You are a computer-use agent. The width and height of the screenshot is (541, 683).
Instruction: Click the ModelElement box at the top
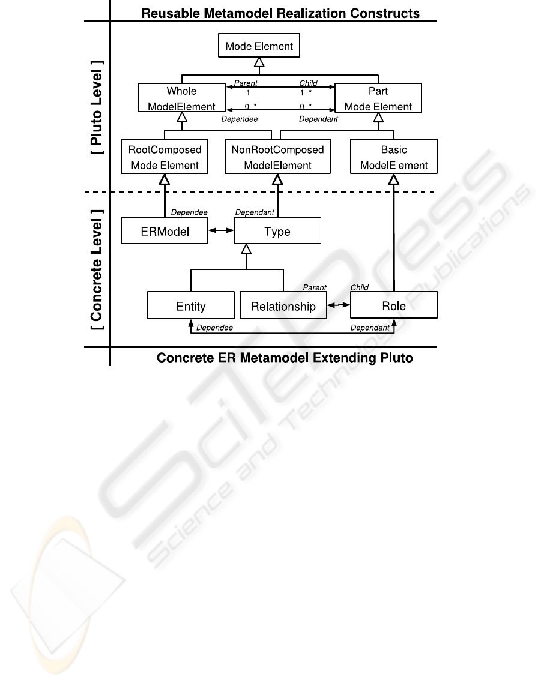click(x=259, y=45)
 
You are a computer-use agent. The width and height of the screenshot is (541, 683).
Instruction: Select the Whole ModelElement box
click(x=182, y=98)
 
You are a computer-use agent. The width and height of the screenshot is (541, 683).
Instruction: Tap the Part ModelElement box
click(x=378, y=98)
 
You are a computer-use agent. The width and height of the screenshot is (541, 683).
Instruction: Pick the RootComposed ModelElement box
click(x=165, y=157)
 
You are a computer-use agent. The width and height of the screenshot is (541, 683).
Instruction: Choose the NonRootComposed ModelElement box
click(x=277, y=157)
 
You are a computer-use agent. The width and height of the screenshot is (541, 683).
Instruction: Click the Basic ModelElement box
click(x=394, y=157)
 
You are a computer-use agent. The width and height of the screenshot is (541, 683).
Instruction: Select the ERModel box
click(x=165, y=230)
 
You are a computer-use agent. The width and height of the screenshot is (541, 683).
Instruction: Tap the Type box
click(x=277, y=230)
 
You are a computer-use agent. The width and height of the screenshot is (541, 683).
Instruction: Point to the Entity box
click(x=191, y=305)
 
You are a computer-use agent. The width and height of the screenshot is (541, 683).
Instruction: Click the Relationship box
click(x=283, y=305)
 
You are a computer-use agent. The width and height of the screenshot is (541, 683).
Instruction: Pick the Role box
click(x=394, y=305)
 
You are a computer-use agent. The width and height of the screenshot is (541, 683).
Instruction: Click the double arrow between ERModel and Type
click(x=221, y=230)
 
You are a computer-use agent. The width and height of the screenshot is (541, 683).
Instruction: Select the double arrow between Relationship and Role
click(x=339, y=305)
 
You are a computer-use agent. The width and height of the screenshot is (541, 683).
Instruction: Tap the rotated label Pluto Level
click(x=96, y=107)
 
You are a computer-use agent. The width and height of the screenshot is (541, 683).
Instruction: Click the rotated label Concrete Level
click(x=96, y=269)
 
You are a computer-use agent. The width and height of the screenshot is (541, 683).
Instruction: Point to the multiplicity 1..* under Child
click(x=306, y=92)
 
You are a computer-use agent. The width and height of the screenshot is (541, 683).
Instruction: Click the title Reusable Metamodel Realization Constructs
click(x=280, y=13)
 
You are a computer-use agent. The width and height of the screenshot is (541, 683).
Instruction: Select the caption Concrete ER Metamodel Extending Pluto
click(x=285, y=358)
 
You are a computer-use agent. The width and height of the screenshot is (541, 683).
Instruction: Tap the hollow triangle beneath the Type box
click(x=246, y=249)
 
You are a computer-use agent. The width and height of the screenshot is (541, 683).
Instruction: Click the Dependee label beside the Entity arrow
click(x=214, y=328)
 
